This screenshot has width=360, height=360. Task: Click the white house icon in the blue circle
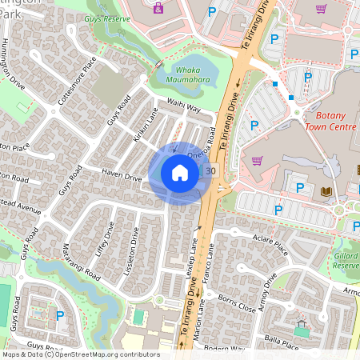(180, 172)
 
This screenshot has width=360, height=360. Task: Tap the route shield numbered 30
(210, 170)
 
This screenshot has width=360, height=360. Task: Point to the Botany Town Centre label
(330, 121)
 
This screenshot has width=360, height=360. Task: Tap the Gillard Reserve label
(346, 260)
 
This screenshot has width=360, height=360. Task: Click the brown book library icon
(326, 191)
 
